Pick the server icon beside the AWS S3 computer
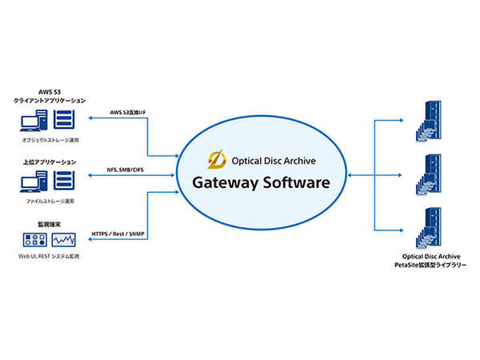[x=66, y=120]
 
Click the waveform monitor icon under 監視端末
[x=66, y=240]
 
